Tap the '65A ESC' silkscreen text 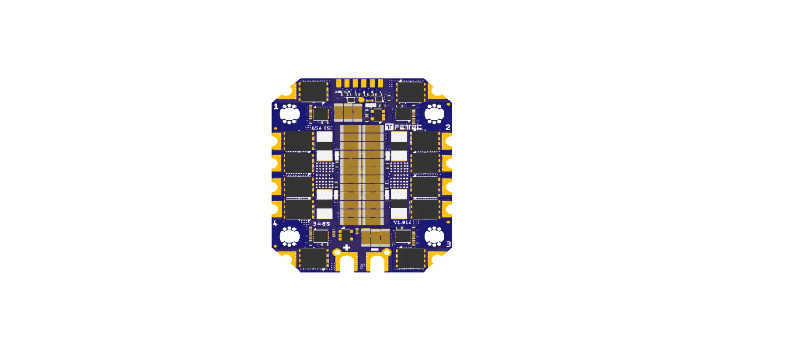(322, 128)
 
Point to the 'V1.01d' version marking (402, 222)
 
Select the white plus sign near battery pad (347, 247)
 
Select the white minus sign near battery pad (375, 249)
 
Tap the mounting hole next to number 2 (434, 114)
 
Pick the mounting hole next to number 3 (434, 236)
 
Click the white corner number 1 (276, 107)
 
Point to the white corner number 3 (448, 244)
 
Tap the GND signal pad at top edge (339, 83)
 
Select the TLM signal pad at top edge (347, 83)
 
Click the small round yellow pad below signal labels (361, 100)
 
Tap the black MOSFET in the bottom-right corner (412, 258)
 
